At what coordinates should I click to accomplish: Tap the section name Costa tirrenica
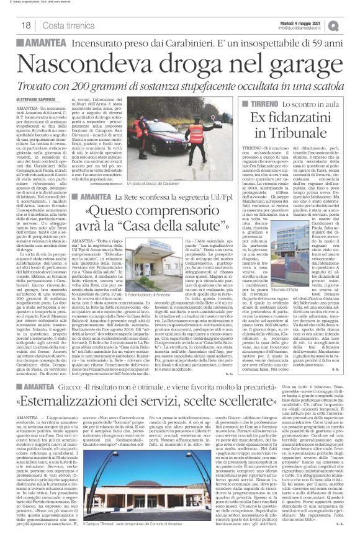point(72,25)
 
